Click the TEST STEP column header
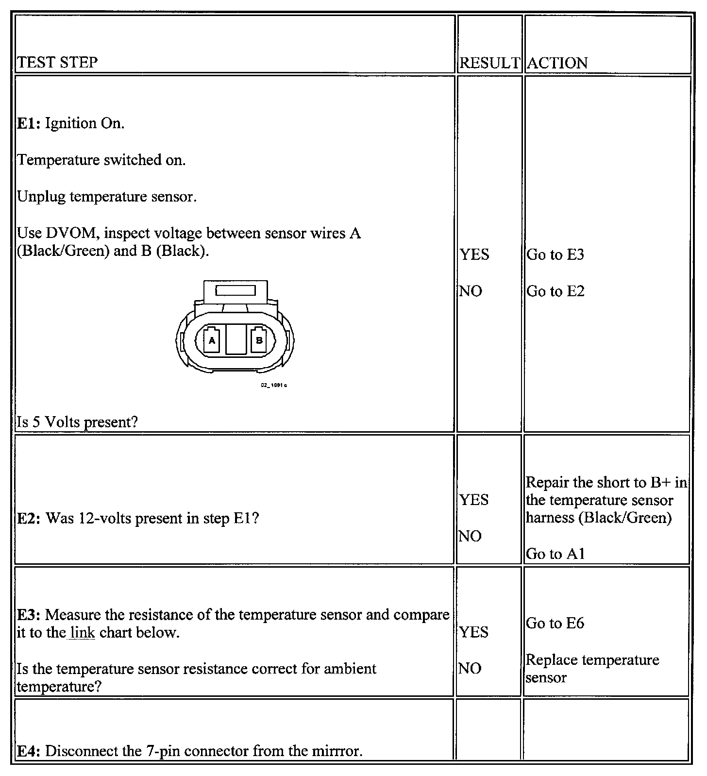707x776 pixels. coord(57,62)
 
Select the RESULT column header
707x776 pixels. coord(489,63)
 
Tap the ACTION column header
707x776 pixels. coord(557,63)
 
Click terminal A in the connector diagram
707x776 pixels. coord(212,340)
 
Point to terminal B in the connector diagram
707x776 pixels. coord(259,340)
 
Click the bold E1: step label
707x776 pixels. coord(29,123)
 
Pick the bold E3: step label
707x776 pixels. coord(29,615)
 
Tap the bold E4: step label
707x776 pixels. coord(29,751)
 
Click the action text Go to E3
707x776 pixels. coord(555,254)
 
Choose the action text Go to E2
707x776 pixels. coord(555,291)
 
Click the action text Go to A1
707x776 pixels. coord(555,554)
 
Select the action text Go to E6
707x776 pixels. coord(555,623)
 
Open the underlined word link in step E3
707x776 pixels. coord(82,633)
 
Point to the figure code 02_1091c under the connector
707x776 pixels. coord(274,385)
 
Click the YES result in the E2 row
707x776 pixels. coord(474,500)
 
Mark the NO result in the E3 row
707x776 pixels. coord(470,669)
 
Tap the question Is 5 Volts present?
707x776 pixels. coord(77,422)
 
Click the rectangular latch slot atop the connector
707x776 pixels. coord(236,291)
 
